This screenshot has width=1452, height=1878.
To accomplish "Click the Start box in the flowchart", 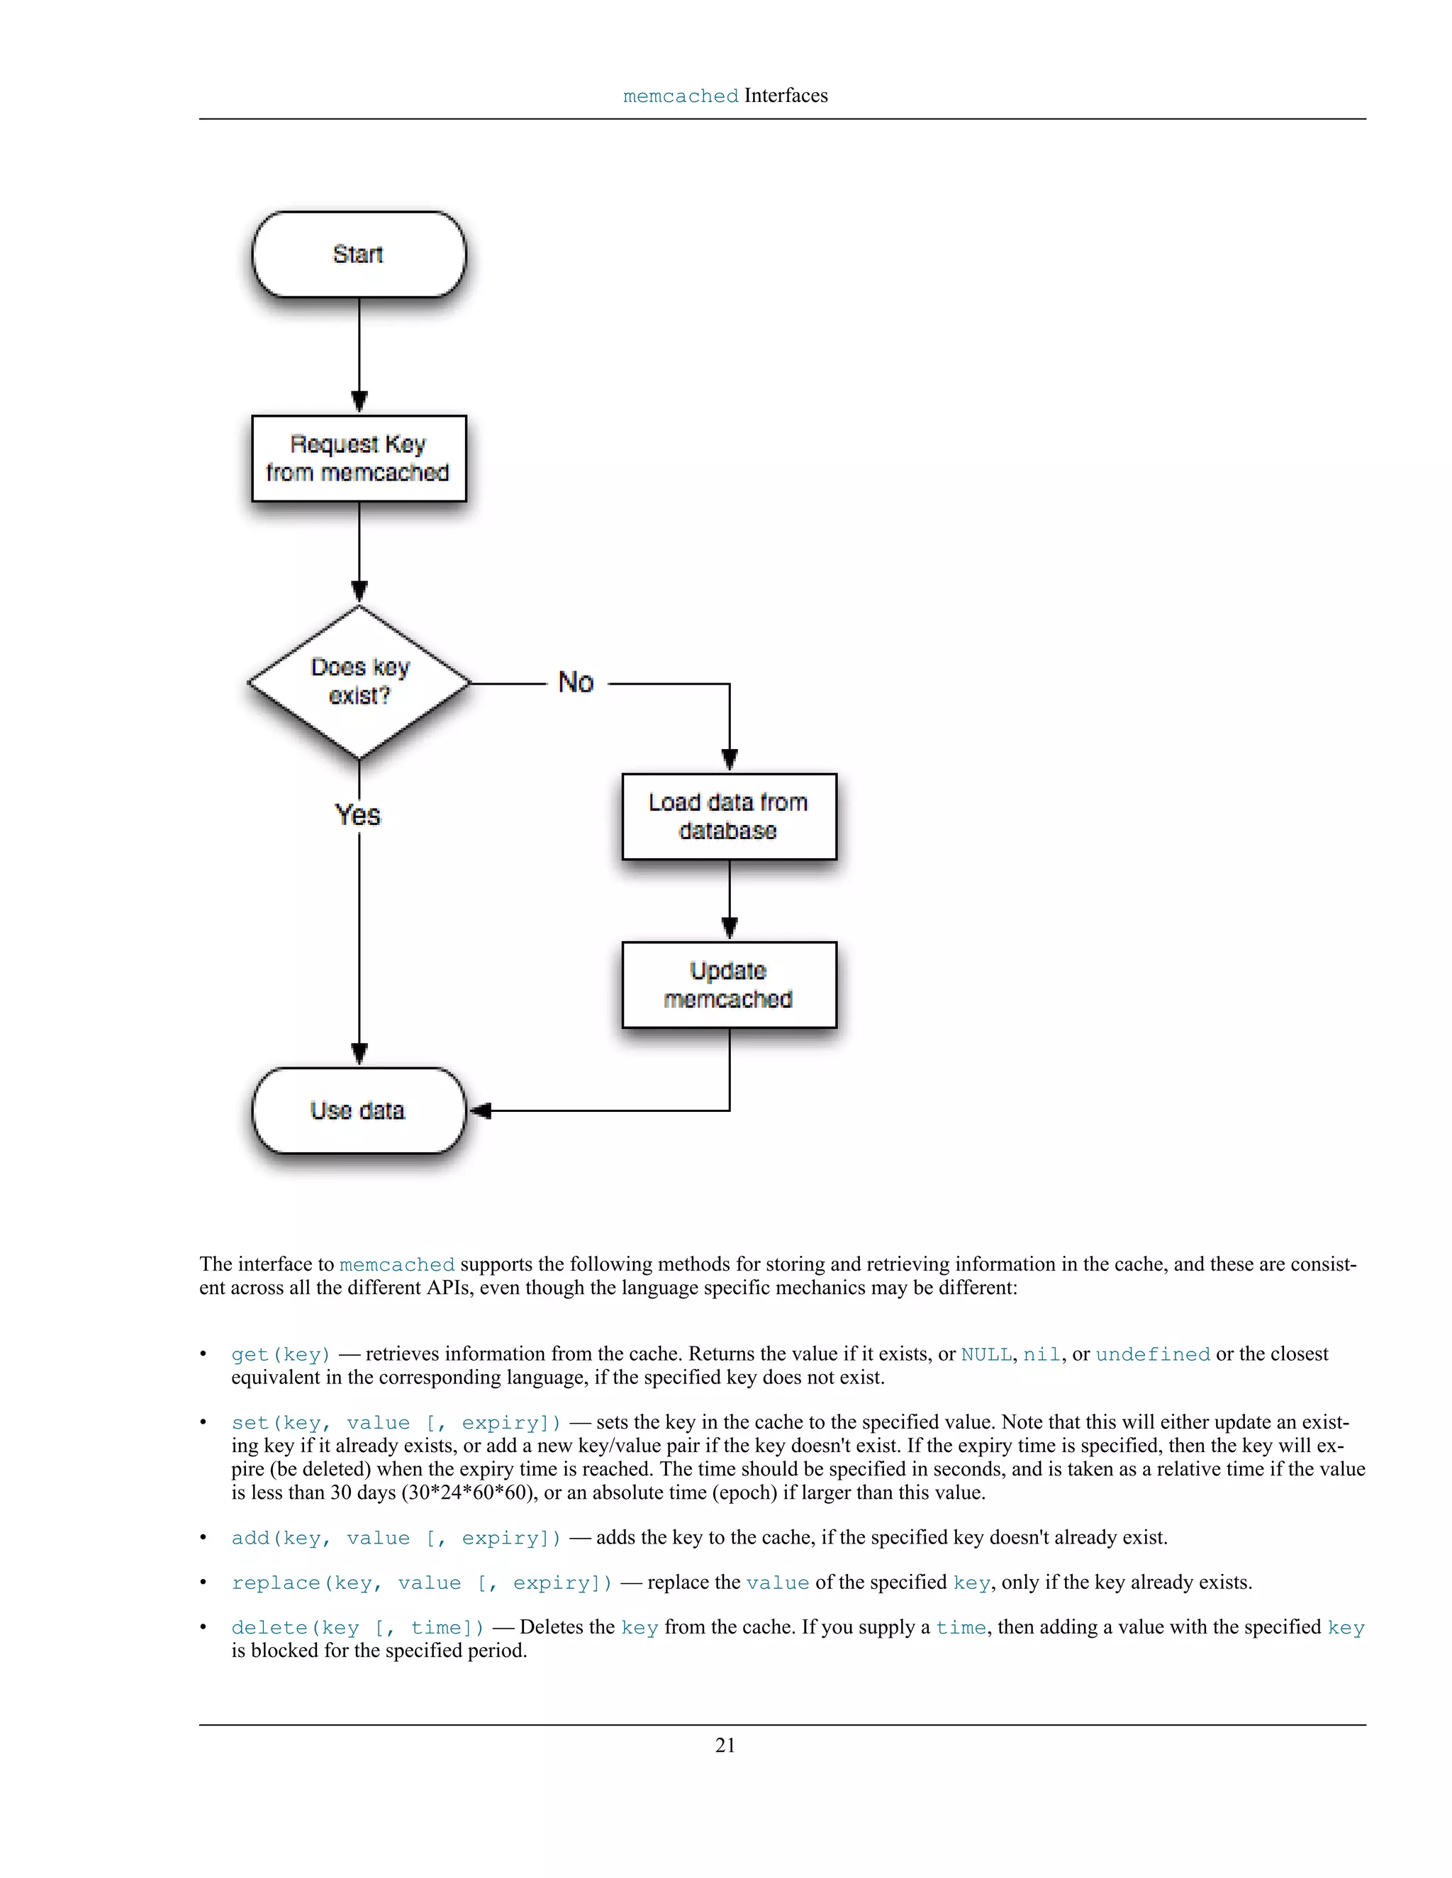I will [359, 254].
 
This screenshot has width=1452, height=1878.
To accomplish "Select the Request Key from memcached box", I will [359, 459].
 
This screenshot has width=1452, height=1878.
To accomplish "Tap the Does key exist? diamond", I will [359, 682].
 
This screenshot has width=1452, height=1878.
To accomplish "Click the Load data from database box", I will [729, 816].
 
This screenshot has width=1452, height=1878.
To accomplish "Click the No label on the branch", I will [576, 682].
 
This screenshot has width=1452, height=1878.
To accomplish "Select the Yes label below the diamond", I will [358, 814].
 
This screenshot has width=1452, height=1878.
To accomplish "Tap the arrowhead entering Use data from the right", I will [480, 1111].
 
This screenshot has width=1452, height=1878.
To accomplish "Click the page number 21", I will [725, 1745].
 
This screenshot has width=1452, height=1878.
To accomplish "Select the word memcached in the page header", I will [681, 96].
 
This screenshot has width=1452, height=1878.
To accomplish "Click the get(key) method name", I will [281, 1354].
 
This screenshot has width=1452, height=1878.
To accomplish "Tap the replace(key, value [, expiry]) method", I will [422, 1583].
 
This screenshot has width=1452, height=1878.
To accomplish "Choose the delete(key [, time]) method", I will [358, 1628].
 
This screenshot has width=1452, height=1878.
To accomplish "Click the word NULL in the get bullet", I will [985, 1354].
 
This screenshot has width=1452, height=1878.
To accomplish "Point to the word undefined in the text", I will [1153, 1354].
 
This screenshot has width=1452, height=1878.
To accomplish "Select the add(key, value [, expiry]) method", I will [396, 1539].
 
